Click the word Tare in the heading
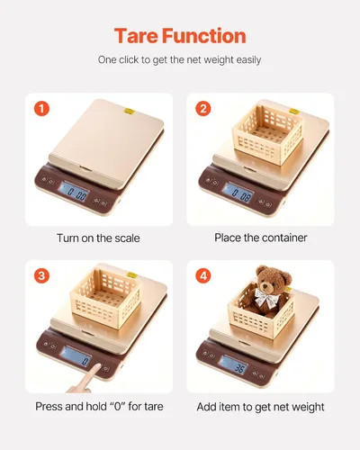click(137, 36)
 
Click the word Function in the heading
click(204, 36)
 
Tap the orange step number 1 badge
click(41, 109)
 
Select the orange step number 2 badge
click(203, 109)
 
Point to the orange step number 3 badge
click(41, 275)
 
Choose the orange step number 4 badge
click(203, 275)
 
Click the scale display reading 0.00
click(74, 192)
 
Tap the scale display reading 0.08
click(238, 193)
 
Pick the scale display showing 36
click(233, 364)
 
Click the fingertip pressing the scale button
click(97, 367)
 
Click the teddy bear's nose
click(265, 287)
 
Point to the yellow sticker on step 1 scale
click(130, 112)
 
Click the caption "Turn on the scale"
click(98, 238)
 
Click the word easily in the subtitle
click(248, 60)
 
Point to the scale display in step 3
click(75, 356)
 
